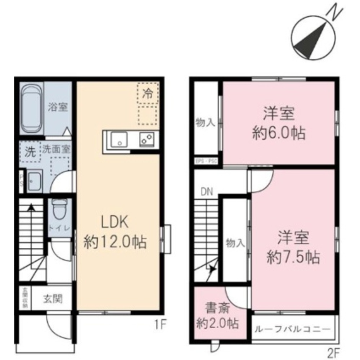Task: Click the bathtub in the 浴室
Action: click(x=31, y=110)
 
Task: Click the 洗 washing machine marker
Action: click(x=30, y=153)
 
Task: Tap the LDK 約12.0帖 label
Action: click(x=115, y=232)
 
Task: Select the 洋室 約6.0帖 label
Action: click(x=279, y=124)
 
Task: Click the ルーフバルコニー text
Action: click(x=292, y=329)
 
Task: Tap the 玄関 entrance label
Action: click(x=53, y=298)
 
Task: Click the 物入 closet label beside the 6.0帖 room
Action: click(x=205, y=123)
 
